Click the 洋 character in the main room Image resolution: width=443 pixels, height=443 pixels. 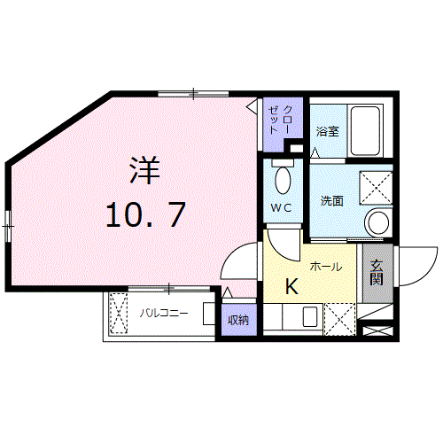145,171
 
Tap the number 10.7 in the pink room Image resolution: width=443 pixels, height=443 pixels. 145,214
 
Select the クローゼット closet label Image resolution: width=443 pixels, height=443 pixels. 280,120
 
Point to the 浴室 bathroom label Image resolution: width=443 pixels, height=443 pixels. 327,131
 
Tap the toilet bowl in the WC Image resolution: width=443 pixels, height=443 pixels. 283,180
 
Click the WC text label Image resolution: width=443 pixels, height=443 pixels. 281,208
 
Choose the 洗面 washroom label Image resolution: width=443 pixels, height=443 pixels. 331,201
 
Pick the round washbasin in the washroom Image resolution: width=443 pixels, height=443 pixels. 378,222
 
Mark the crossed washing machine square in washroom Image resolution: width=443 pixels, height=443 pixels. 376,188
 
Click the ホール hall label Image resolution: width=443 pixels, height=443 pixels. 326,267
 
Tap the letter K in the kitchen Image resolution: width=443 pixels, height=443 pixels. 291,287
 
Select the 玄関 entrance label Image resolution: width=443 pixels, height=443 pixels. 377,273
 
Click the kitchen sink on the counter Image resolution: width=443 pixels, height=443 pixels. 310,316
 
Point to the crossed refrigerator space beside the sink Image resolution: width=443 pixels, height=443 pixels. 340,319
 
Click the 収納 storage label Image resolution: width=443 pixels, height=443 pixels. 238,320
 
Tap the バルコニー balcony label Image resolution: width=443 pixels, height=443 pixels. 163,313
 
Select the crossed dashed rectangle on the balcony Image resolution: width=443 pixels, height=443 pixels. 119,313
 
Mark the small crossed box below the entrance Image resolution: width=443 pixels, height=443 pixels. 377,330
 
